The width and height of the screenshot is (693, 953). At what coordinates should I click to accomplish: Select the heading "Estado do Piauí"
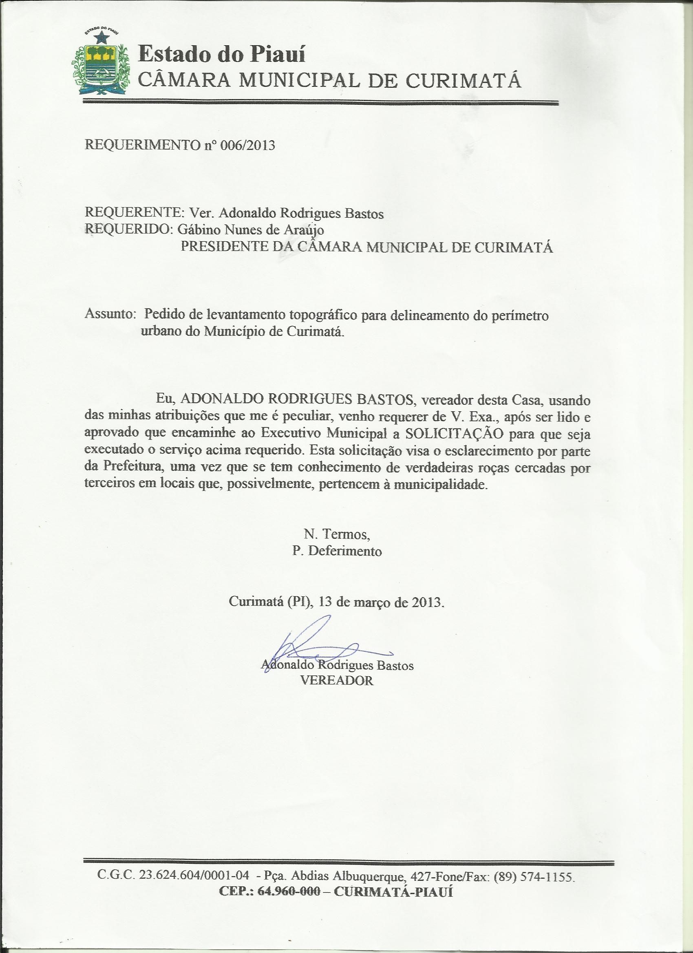[221, 55]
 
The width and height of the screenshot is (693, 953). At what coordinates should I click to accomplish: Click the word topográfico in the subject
[329, 315]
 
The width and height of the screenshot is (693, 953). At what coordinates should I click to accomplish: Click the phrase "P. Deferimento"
[337, 551]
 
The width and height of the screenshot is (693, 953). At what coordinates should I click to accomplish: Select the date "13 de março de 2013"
[380, 601]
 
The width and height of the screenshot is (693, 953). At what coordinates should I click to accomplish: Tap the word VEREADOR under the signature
[337, 681]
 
